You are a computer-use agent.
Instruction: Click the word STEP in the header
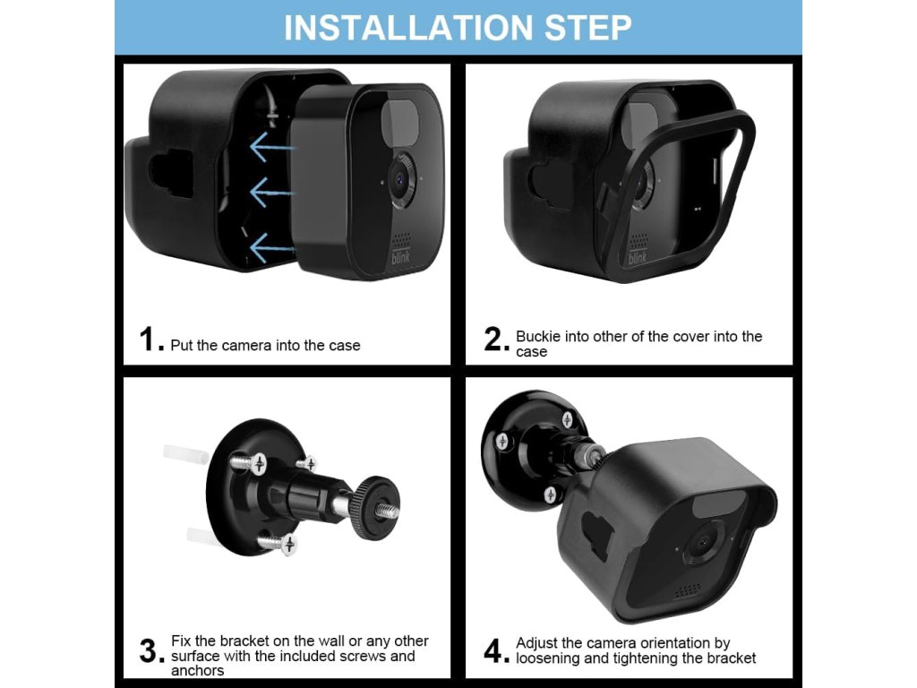tap(588, 28)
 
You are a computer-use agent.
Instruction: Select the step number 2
tap(493, 340)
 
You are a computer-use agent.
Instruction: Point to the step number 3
tap(149, 651)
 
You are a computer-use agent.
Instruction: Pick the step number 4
tap(493, 651)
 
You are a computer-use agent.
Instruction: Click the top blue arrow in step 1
tap(271, 146)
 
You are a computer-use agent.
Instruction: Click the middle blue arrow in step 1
tap(271, 192)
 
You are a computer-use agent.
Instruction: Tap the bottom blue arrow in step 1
tap(271, 247)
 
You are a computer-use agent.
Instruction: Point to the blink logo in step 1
tap(401, 256)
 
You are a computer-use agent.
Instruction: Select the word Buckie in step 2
tap(537, 337)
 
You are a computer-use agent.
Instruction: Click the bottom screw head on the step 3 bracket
tap(287, 545)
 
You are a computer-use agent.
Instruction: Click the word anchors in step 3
tap(197, 670)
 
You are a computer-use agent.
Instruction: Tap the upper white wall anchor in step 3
tap(184, 451)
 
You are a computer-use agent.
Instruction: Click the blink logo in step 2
tap(638, 256)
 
